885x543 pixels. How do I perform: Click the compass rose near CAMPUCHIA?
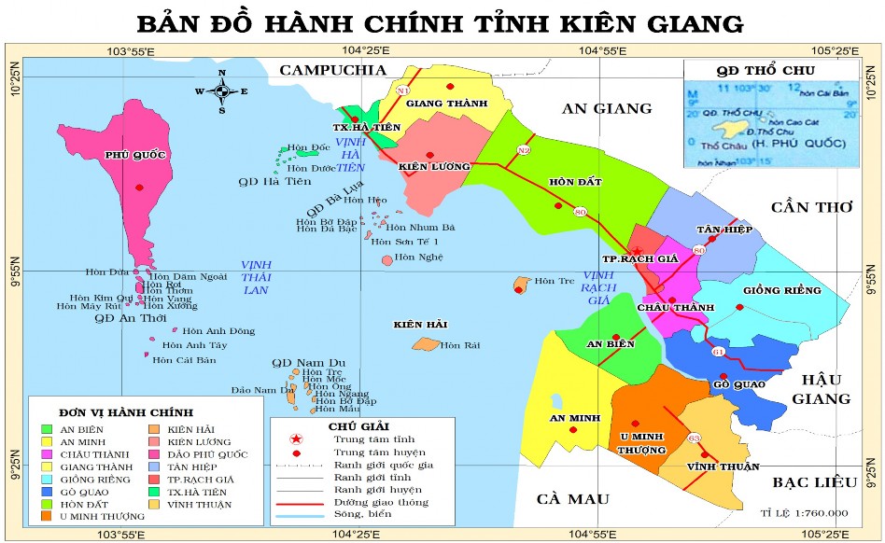click(x=222, y=90)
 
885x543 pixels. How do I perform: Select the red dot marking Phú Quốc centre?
click(x=140, y=188)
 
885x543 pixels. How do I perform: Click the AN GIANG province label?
click(x=607, y=108)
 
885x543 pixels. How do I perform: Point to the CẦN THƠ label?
click(x=811, y=207)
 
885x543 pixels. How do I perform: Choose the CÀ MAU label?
click(x=572, y=498)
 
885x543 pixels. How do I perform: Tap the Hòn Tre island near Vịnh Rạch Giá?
click(x=521, y=284)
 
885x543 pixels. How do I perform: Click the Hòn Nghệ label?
click(x=412, y=258)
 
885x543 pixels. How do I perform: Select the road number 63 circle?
click(x=694, y=438)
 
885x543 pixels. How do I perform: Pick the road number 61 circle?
click(x=718, y=352)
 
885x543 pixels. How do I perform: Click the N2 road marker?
click(x=524, y=150)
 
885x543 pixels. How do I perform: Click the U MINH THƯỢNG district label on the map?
click(x=641, y=442)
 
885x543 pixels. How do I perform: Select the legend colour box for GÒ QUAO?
click(x=47, y=490)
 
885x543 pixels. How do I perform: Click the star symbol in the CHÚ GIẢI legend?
click(x=295, y=439)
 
